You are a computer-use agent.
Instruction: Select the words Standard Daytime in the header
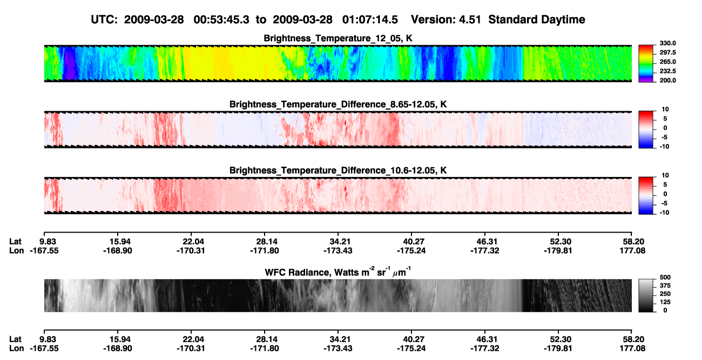(x=537, y=20)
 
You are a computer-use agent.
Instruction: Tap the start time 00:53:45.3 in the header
(x=221, y=20)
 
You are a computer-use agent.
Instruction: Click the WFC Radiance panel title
(x=337, y=272)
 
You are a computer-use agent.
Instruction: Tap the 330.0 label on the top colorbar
(x=667, y=43)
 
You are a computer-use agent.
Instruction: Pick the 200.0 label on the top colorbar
(x=667, y=80)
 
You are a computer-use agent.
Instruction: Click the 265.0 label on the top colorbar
(x=667, y=62)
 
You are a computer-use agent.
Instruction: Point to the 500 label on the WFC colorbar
(x=665, y=277)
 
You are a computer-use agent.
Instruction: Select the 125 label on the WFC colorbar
(x=665, y=302)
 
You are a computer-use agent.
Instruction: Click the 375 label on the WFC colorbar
(x=665, y=286)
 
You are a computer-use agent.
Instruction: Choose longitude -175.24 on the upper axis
(x=411, y=250)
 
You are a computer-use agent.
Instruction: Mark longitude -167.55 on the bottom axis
(x=44, y=349)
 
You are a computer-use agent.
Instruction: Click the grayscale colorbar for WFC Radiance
(x=646, y=295)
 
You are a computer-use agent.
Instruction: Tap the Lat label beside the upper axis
(x=15, y=242)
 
